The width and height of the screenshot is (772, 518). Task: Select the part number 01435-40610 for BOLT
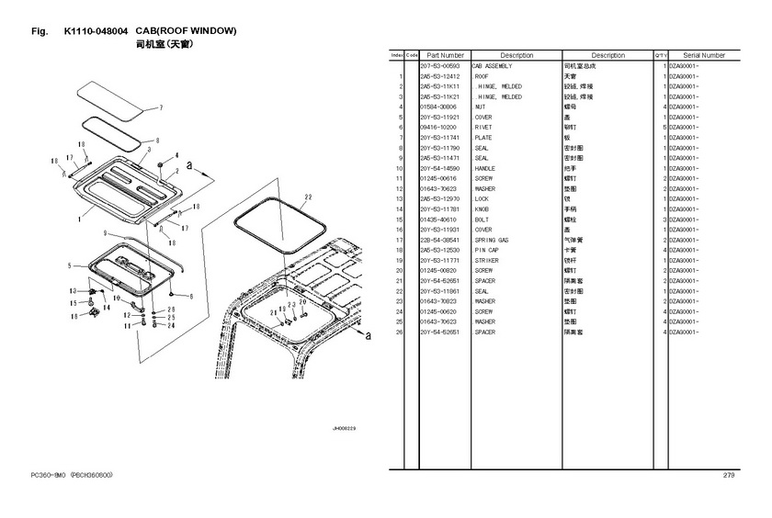tap(437, 220)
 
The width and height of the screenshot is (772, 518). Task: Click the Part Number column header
tap(445, 55)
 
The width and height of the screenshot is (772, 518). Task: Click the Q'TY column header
tap(661, 55)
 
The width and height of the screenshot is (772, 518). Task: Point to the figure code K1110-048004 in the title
tap(96, 31)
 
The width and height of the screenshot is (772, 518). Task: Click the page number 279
tap(729, 475)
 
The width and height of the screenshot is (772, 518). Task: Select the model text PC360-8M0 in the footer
tap(46, 475)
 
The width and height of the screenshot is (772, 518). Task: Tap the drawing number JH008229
tap(344, 428)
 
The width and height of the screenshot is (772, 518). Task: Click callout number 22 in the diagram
tap(308, 197)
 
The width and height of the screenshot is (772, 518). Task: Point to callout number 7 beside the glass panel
tap(160, 107)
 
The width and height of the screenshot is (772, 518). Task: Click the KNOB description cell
tap(483, 209)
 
